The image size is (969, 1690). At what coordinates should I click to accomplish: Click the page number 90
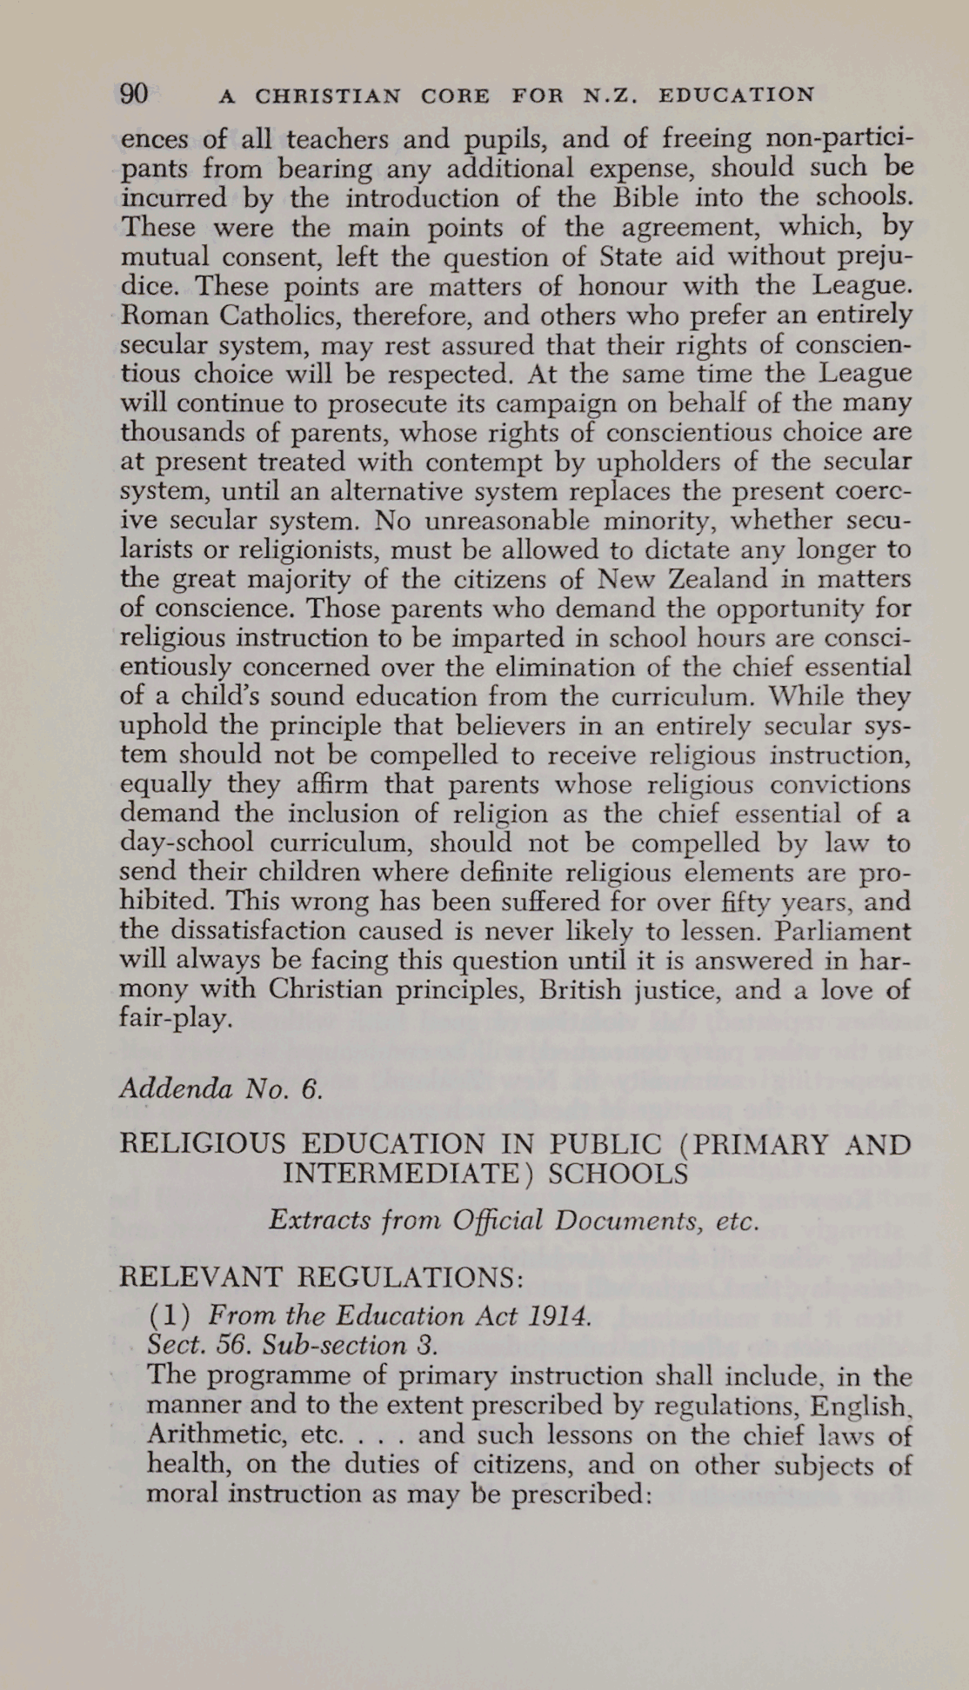tap(134, 94)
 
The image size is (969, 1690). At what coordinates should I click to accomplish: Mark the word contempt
tap(481, 462)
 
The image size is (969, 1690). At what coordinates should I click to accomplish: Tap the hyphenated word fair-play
tap(176, 1018)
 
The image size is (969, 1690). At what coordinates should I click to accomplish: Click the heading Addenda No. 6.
tap(221, 1088)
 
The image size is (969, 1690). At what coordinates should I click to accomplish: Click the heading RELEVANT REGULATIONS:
tap(321, 1277)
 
